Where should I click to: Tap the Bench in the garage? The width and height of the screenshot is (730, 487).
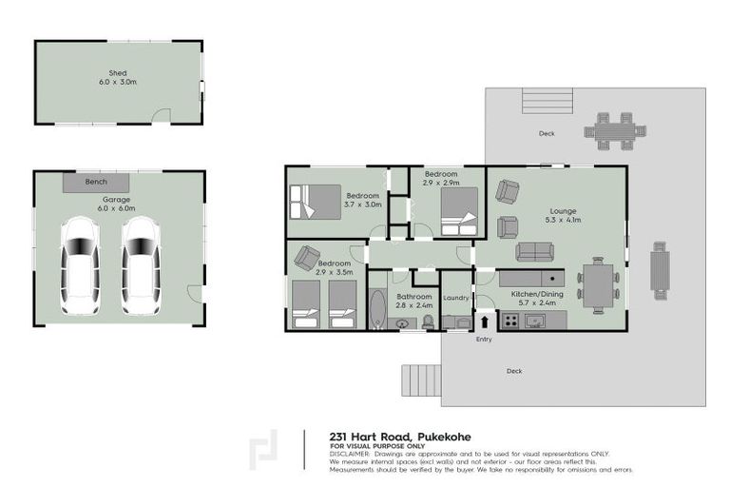tap(96, 182)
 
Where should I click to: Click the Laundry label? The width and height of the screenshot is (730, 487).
tap(456, 298)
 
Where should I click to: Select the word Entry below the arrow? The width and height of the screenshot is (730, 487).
tap(484, 340)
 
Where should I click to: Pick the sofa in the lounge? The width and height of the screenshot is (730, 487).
tap(534, 251)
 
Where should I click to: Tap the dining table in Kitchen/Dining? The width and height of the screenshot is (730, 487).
tap(598, 284)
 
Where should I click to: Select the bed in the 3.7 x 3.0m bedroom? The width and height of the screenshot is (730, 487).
tap(314, 202)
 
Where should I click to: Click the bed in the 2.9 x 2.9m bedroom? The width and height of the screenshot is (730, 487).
tap(458, 211)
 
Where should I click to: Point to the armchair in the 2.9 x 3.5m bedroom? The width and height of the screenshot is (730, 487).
tap(307, 257)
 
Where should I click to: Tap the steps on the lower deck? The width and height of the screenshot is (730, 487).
tap(418, 380)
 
